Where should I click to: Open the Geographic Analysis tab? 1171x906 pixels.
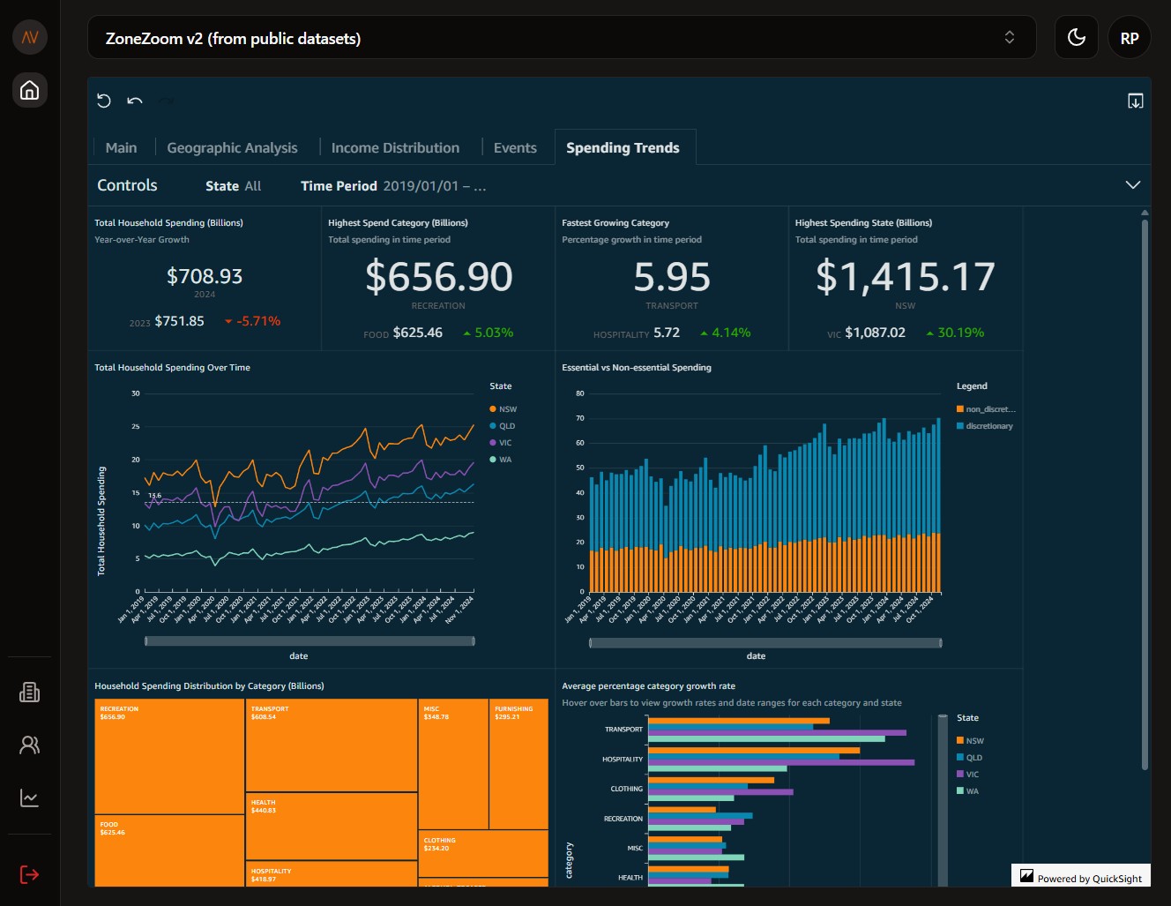click(x=232, y=148)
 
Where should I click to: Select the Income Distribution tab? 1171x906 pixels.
click(x=395, y=148)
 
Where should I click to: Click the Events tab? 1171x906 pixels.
click(x=515, y=148)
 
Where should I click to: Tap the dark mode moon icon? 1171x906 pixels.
click(x=1076, y=38)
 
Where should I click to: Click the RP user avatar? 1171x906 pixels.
click(x=1129, y=38)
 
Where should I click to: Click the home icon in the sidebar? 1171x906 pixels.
click(x=29, y=90)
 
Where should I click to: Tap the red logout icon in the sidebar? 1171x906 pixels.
click(x=29, y=874)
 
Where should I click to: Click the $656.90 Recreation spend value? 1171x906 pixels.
click(x=438, y=277)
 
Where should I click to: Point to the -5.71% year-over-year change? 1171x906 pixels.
click(x=257, y=321)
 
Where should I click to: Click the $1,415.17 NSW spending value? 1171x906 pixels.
click(x=905, y=277)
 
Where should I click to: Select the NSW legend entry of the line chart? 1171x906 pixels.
click(x=507, y=409)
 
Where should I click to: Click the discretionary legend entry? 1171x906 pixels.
click(x=988, y=426)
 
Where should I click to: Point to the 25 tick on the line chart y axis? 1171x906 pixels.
click(x=136, y=427)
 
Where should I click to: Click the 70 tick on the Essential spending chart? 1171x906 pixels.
click(x=580, y=418)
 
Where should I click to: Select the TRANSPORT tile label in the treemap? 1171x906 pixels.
click(x=270, y=708)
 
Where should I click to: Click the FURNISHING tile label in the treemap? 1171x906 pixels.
click(x=513, y=708)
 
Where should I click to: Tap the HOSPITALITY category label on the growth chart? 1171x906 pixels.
click(x=623, y=760)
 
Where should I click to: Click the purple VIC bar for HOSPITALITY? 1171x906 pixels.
click(x=780, y=762)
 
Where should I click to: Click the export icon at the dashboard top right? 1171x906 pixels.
click(x=1135, y=101)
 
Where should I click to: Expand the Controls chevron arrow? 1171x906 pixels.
click(x=1132, y=185)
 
